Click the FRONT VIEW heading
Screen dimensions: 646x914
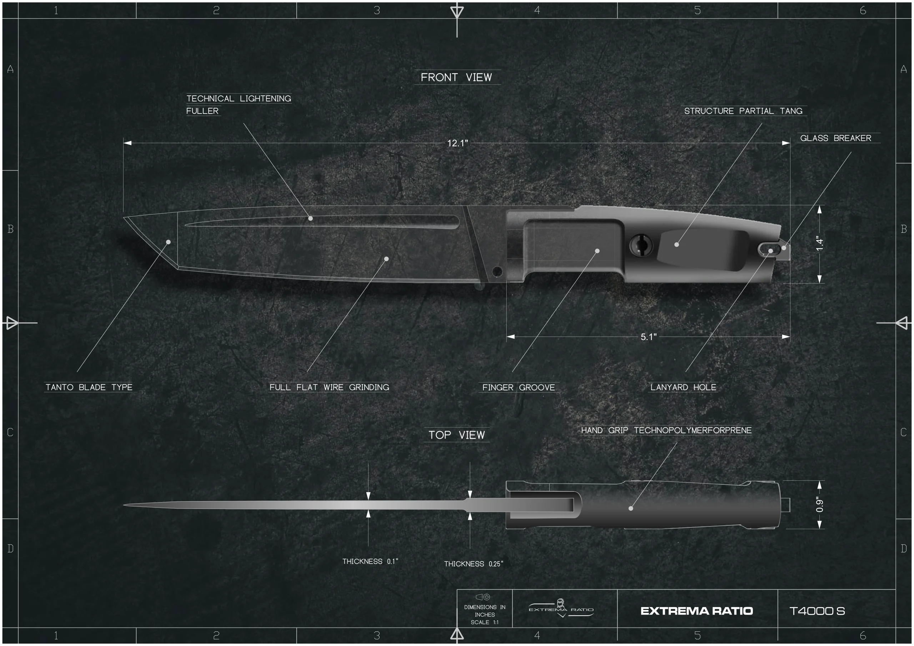coord(456,77)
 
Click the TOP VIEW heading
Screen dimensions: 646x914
coord(457,435)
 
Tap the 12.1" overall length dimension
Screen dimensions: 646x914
coord(457,143)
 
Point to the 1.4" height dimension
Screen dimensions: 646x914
coord(820,244)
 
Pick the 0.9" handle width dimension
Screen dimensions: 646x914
coord(820,505)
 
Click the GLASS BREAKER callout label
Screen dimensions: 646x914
coord(835,138)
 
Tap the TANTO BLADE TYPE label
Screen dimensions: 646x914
coord(89,387)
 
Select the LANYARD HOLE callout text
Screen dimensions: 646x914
coord(683,387)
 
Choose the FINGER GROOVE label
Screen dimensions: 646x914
coord(518,387)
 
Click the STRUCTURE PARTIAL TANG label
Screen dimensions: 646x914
coord(743,111)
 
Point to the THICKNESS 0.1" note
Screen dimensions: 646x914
coord(370,561)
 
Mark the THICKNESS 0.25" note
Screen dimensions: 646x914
coord(473,564)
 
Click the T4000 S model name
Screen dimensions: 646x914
coord(817,611)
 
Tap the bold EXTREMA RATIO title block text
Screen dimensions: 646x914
coord(697,611)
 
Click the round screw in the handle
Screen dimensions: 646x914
coord(641,245)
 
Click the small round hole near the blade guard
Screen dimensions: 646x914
coord(497,272)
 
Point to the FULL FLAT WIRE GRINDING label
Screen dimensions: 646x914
coord(329,387)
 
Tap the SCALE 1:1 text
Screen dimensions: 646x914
coord(484,622)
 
